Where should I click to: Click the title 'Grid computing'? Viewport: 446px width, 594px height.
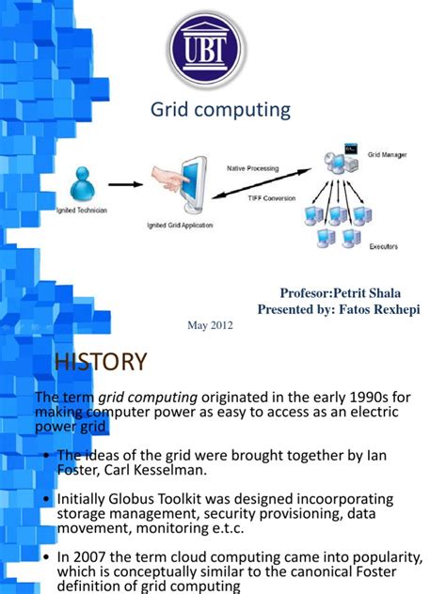(x=221, y=111)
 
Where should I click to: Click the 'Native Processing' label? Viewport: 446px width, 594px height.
(x=251, y=168)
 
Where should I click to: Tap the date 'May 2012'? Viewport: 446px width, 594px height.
(x=212, y=325)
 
